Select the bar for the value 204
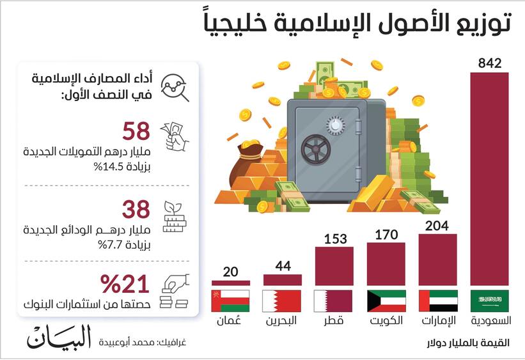438,259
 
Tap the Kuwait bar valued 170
387,263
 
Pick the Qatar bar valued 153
334,266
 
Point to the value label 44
282,265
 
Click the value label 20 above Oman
231,271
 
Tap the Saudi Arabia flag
490,301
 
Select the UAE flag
438,301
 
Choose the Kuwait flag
387,301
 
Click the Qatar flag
334,301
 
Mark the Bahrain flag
282,301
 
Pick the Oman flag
231,301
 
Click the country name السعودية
490,320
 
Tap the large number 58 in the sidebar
136,132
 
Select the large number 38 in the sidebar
136,208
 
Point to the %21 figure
125,284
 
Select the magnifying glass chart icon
174,86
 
